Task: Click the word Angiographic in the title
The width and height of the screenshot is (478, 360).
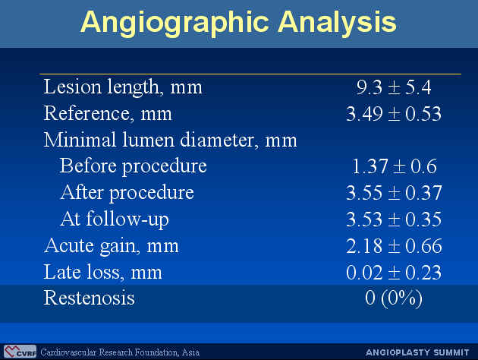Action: [x=175, y=24]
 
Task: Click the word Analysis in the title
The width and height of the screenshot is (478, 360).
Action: [x=337, y=22]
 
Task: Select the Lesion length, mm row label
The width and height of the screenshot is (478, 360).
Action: [x=123, y=87]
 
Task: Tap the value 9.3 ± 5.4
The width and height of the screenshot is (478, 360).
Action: [x=394, y=87]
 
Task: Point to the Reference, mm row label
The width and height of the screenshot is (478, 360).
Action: [x=108, y=113]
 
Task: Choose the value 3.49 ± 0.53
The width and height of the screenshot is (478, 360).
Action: [x=394, y=114]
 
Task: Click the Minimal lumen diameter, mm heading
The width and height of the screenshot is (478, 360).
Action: [x=170, y=140]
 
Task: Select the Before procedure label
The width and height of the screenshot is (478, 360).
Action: [x=134, y=166]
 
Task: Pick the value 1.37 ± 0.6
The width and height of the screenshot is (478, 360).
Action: [x=395, y=166]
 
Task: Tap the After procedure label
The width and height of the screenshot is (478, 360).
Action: [x=127, y=193]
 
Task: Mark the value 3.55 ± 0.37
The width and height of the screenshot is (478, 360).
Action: [x=394, y=193]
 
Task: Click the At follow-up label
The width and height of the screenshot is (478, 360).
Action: [x=115, y=219]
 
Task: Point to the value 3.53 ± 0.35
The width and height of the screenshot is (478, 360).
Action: [x=394, y=219]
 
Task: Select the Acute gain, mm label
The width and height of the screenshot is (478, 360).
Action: [x=112, y=246]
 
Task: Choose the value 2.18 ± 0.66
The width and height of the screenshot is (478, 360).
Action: [x=394, y=246]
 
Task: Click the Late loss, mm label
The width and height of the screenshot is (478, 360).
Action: [x=102, y=272]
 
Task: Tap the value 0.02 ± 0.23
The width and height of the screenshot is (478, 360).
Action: [x=394, y=273]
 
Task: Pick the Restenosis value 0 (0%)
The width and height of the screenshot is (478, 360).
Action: [x=394, y=298]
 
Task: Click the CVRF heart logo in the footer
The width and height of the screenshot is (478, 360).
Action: [x=20, y=352]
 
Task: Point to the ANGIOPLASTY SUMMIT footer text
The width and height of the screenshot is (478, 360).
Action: [x=417, y=352]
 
